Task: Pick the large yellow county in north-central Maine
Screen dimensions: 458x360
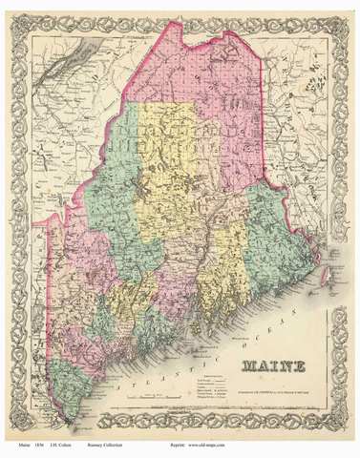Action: point(167,162)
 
